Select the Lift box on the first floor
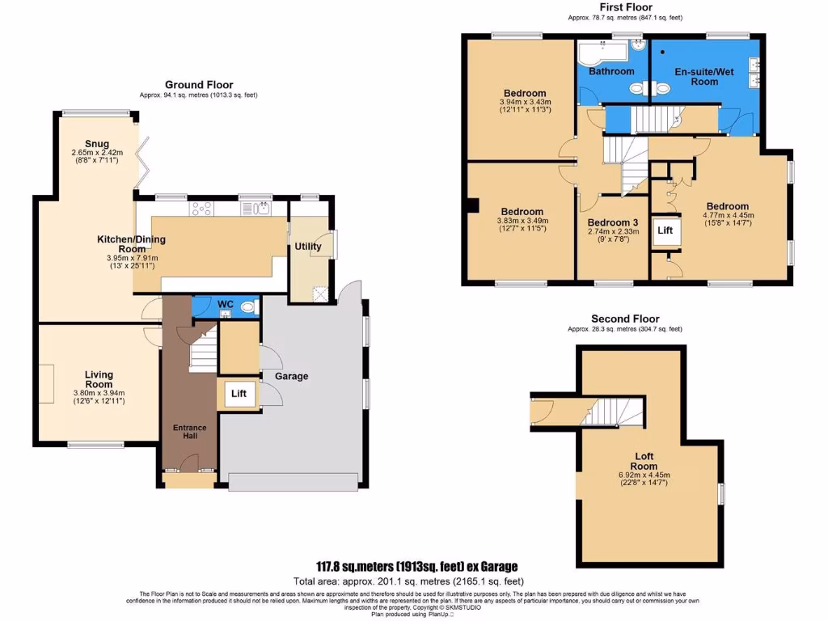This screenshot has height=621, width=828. pos(665,230)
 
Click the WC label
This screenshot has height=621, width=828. pos(226,304)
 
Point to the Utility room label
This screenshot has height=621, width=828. pos(308,247)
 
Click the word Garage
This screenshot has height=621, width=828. pos(292,376)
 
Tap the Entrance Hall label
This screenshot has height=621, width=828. pos(189,432)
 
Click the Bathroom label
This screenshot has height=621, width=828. pos(611,71)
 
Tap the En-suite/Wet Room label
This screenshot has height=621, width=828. pos(703,76)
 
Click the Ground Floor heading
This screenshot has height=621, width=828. pos(199,84)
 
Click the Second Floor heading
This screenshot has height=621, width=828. pos(625,319)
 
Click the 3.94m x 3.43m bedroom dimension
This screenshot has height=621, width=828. pos(524,102)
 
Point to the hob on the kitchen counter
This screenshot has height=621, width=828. pos(202,209)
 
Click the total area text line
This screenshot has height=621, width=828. pos(408,581)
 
